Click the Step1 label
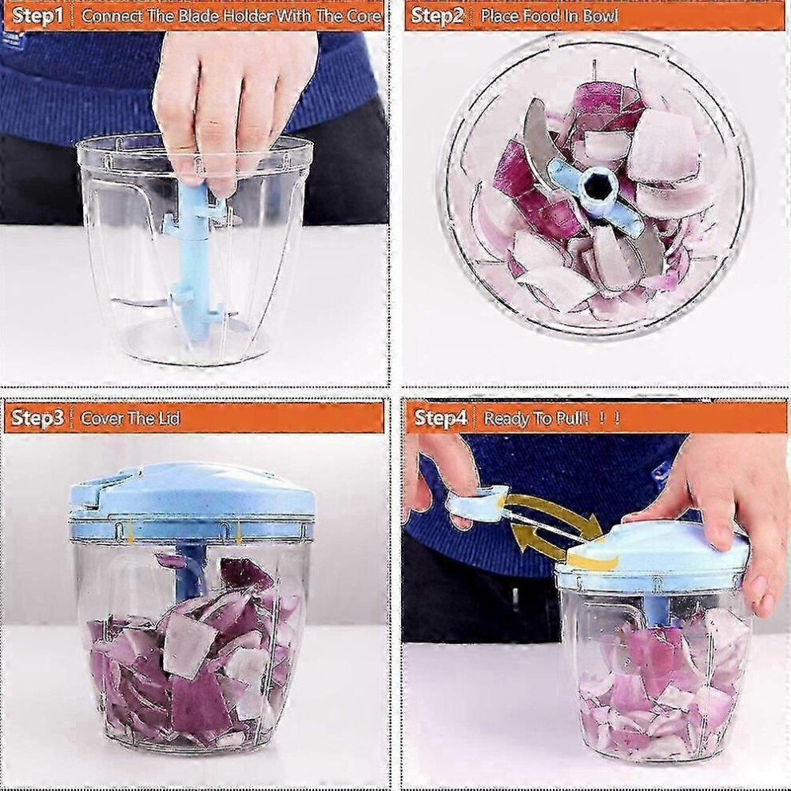(x=38, y=16)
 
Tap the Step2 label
(x=437, y=16)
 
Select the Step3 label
(x=38, y=418)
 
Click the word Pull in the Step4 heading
(x=571, y=418)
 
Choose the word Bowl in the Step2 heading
(x=601, y=16)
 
